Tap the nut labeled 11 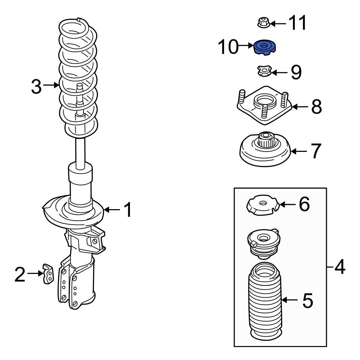pyautogui.click(x=264, y=22)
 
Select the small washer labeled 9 pyautogui.click(x=264, y=71)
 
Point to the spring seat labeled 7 pyautogui.click(x=265, y=149)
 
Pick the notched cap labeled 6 pyautogui.click(x=263, y=205)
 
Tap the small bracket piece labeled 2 pyautogui.click(x=48, y=274)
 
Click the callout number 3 pyautogui.click(x=36, y=86)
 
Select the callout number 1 pyautogui.click(x=128, y=210)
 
